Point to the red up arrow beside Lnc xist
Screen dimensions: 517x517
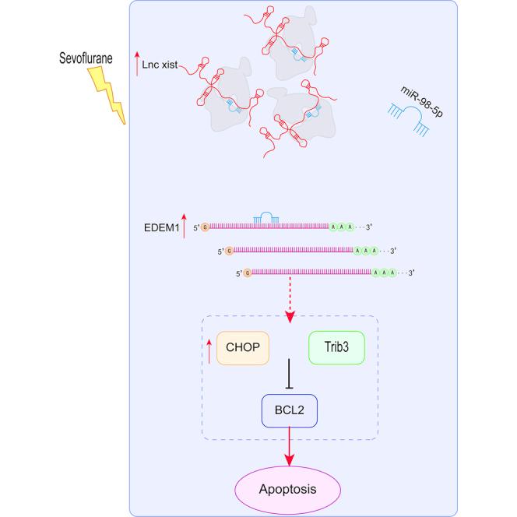click(138, 65)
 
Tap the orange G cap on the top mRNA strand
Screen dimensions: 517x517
click(206, 228)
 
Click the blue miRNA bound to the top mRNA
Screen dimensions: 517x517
click(268, 222)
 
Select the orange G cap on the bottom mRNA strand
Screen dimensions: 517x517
click(247, 273)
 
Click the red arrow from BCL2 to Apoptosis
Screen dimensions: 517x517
click(290, 448)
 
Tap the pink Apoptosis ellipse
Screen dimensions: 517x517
click(289, 490)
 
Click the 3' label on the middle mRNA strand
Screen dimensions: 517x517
click(394, 251)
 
